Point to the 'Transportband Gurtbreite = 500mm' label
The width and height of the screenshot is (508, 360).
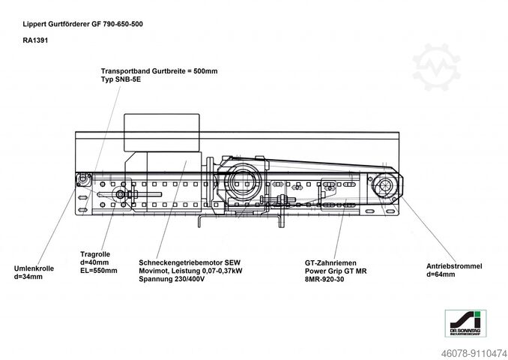pyautogui.click(x=159, y=70)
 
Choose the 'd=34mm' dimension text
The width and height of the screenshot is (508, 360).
pyautogui.click(x=28, y=277)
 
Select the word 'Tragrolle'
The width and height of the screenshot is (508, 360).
pyautogui.click(x=95, y=253)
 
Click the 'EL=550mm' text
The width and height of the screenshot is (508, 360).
pyautogui.click(x=98, y=270)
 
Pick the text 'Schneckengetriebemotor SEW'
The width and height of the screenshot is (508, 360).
pyautogui.click(x=184, y=262)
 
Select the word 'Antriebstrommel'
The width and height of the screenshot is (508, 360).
pyautogui.click(x=454, y=266)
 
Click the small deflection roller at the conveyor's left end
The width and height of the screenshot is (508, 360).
pyautogui.click(x=83, y=181)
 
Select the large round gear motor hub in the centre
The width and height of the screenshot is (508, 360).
pyautogui.click(x=241, y=182)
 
